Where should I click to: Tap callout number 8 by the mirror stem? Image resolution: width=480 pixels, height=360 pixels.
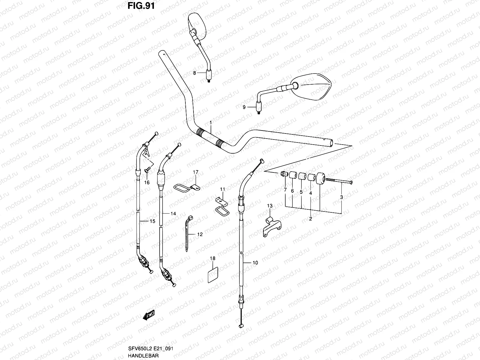pyautogui.click(x=194, y=73)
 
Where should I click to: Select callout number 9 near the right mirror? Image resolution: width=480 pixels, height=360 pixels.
pyautogui.click(x=244, y=107)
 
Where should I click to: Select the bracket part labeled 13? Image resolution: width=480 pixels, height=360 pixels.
pyautogui.click(x=271, y=226)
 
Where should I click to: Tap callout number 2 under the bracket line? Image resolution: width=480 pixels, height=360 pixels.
pyautogui.click(x=310, y=219)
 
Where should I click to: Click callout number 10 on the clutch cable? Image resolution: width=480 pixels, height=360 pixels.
pyautogui.click(x=255, y=263)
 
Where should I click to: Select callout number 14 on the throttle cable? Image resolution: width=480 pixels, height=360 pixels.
pyautogui.click(x=173, y=214)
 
